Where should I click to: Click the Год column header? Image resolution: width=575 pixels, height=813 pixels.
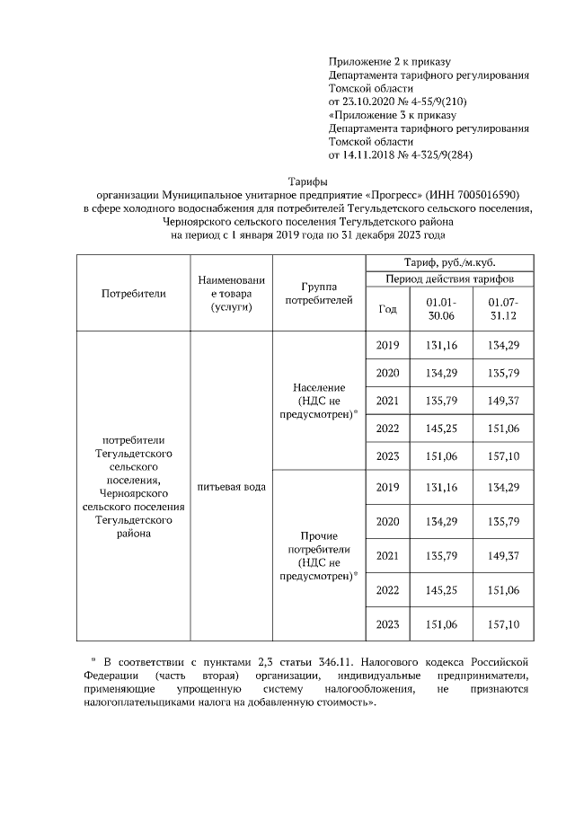pos(387,309)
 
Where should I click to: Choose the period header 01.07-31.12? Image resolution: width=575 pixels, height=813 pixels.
pos(503,309)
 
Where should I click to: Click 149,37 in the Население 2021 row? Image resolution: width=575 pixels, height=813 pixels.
pos(503,400)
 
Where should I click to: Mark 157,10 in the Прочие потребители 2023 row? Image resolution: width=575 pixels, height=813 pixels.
pos(503,624)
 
